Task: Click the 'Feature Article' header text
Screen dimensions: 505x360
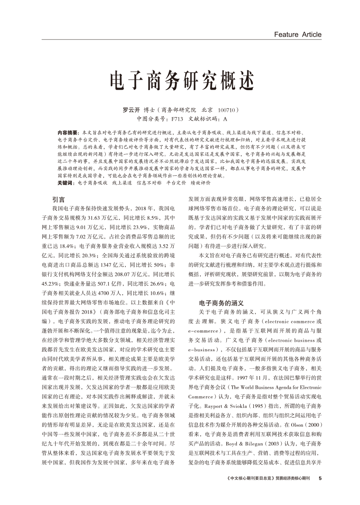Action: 298,34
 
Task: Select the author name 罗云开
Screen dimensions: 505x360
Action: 132,110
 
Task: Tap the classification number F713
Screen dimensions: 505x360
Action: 177,118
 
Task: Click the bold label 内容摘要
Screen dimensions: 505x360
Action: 66,131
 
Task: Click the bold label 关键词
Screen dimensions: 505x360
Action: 65,183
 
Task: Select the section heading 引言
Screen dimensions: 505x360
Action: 58,200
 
